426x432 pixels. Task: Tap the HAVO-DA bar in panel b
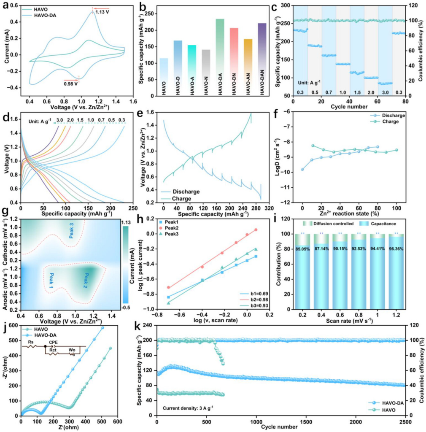[220, 57]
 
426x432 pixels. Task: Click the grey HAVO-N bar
[206, 72]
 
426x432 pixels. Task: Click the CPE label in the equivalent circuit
[53, 343]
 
